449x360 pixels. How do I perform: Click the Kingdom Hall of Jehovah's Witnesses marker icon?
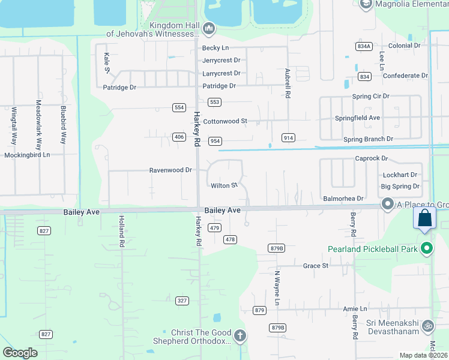coord(209,28)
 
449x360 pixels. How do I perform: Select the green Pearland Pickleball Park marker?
coord(427,248)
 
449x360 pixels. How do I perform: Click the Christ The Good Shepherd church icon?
coord(240,335)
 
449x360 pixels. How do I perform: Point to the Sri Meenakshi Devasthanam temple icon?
coord(428,327)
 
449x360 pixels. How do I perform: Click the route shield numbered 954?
coord(215,141)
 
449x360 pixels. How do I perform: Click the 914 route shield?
coord(288,138)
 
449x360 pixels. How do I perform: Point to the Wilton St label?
coord(224,185)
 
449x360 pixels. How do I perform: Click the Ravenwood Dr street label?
coord(170,170)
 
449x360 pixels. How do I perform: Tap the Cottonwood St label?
coord(225,121)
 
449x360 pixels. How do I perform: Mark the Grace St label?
coord(316,265)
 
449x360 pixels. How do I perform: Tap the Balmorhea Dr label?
coord(343,198)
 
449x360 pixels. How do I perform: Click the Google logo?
coord(20,352)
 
